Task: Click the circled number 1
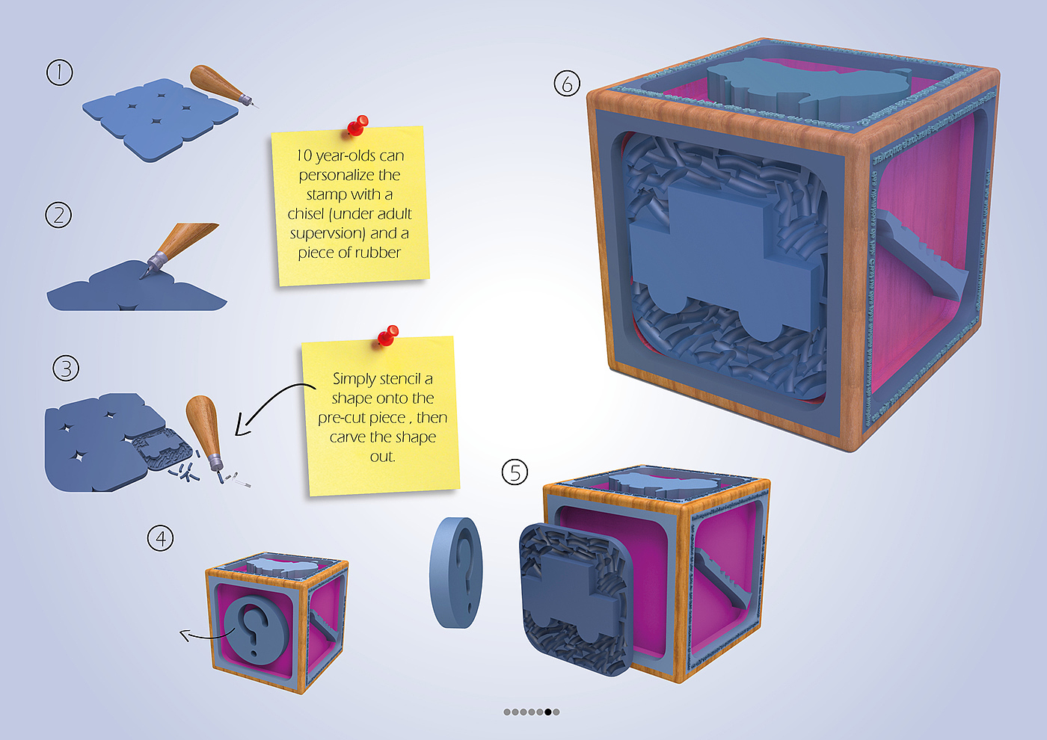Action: (60, 73)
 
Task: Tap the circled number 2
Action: (58, 215)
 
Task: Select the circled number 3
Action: (66, 369)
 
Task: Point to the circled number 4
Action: (161, 538)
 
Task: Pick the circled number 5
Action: (515, 472)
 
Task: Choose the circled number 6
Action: (567, 84)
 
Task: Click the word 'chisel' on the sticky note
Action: (305, 214)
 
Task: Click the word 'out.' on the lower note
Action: (382, 456)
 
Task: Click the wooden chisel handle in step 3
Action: (203, 424)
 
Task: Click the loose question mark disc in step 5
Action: (456, 571)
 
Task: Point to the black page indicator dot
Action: (548, 712)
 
